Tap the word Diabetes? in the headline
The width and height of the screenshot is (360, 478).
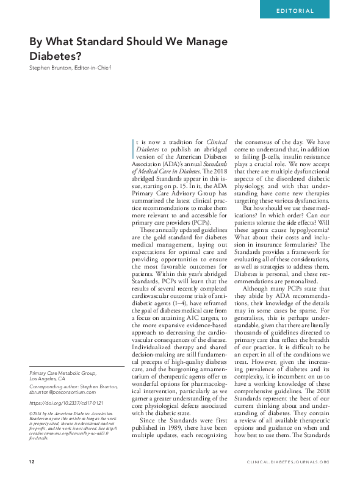click(53, 56)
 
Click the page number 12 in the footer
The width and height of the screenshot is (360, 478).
click(32, 462)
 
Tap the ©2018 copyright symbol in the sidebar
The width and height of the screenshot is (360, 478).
click(32, 413)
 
